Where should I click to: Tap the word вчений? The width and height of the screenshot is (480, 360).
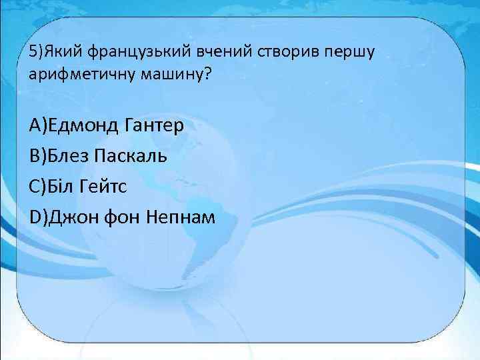tap(200, 52)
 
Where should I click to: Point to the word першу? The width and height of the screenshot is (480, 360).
tap(323, 52)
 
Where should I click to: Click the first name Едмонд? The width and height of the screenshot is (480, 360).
tap(83, 125)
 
